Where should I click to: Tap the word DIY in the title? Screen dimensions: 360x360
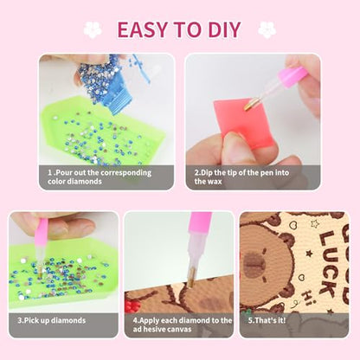click(224, 29)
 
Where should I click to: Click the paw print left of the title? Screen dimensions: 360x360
click(93, 29)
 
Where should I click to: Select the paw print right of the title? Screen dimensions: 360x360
click(267, 29)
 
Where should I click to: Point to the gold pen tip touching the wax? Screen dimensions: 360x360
click(248, 105)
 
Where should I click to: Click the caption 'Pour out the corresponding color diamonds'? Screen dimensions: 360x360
click(100, 177)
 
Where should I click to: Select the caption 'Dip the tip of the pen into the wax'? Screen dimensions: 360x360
click(241, 177)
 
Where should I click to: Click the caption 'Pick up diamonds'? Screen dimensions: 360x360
click(52, 320)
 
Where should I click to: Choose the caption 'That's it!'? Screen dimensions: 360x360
click(267, 320)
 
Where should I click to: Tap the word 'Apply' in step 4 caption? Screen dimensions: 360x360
click(150, 321)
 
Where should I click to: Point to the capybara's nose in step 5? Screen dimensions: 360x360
click(254, 264)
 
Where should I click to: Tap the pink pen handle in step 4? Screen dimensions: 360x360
click(200, 222)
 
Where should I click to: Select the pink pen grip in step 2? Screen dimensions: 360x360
click(292, 77)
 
